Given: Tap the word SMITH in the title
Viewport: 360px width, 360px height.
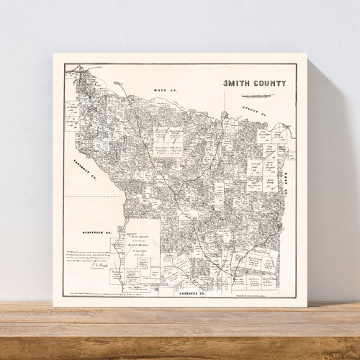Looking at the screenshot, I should point(238,83).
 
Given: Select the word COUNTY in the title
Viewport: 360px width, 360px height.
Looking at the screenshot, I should point(270,83).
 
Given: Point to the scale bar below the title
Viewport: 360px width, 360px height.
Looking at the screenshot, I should point(256,95).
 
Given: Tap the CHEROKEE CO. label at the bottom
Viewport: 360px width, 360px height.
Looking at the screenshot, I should point(179,294).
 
